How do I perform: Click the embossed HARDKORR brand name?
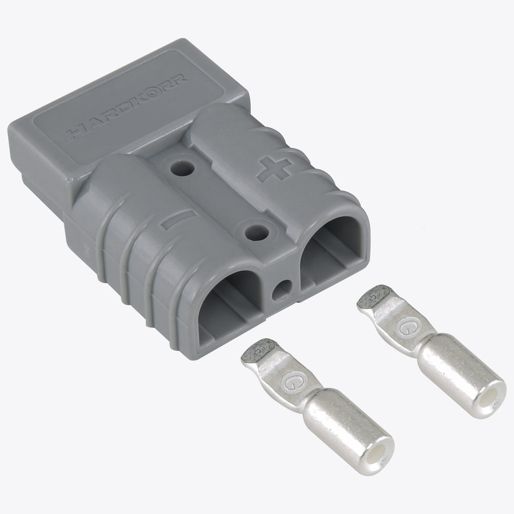point(126,108)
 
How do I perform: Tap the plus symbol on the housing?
point(274,169)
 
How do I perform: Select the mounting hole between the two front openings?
point(258,232)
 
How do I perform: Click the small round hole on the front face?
point(281,290)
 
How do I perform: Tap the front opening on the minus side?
point(229,307)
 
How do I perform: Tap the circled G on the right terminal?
point(407,327)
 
